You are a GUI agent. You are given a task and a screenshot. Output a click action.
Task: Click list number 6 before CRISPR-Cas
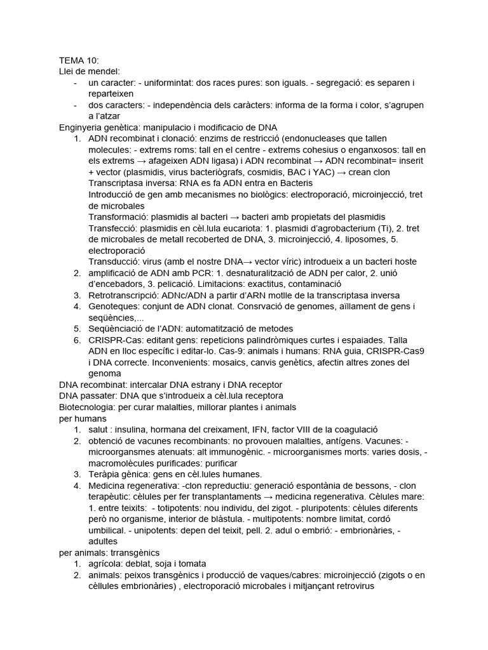(x=76, y=340)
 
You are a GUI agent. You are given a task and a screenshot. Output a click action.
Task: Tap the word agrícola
(x=106, y=564)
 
